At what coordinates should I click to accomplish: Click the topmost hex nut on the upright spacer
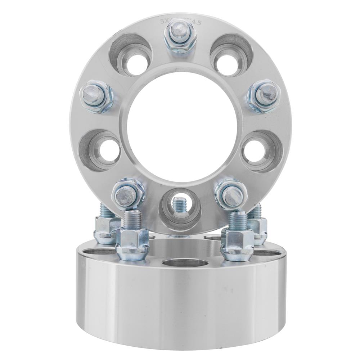pyautogui.click(x=180, y=36)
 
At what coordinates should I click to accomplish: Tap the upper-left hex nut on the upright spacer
pyautogui.click(x=96, y=96)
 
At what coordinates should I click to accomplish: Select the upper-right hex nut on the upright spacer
pyautogui.click(x=264, y=95)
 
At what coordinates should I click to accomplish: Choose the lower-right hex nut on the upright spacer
pyautogui.click(x=231, y=194)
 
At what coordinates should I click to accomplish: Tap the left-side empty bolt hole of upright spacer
pyautogui.click(x=102, y=150)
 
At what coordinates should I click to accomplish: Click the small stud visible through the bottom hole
pyautogui.click(x=179, y=205)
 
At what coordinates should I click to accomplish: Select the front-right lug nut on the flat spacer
pyautogui.click(x=237, y=245)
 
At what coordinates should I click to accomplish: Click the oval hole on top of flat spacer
pyautogui.click(x=184, y=262)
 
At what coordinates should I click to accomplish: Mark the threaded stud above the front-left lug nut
pyautogui.click(x=132, y=220)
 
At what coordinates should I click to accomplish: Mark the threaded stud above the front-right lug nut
pyautogui.click(x=238, y=220)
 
